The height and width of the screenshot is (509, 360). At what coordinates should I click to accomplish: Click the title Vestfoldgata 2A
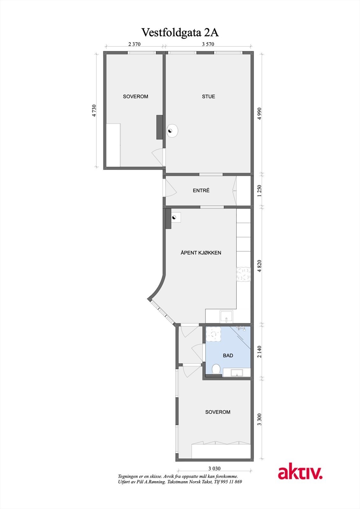click(180, 32)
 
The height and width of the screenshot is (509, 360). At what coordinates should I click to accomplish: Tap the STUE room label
click(208, 96)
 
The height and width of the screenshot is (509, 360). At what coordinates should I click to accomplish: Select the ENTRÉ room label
click(201, 191)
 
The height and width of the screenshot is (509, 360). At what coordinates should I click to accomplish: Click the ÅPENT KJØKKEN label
click(201, 253)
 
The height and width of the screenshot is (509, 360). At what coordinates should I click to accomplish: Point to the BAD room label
click(228, 356)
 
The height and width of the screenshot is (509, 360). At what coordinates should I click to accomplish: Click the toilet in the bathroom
click(216, 369)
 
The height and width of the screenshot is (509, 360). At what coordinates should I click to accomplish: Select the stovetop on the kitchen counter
click(243, 274)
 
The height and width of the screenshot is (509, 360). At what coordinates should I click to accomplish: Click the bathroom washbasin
click(237, 373)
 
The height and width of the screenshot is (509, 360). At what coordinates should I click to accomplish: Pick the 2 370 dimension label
click(134, 44)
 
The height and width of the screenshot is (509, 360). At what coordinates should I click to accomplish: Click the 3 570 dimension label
click(208, 44)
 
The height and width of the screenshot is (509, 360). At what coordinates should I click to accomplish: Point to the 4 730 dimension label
click(94, 111)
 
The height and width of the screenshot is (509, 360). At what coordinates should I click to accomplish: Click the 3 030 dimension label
click(214, 468)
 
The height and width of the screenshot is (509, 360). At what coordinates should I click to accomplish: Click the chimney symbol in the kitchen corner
click(175, 217)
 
